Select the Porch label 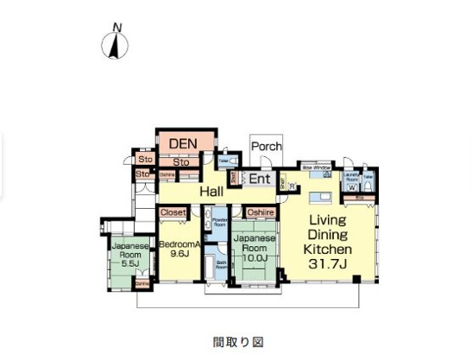click(266, 146)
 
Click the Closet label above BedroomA click(172, 212)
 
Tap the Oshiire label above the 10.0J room click(260, 212)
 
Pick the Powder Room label click(218, 221)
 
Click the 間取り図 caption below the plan click(235, 339)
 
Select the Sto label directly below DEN click(180, 161)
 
